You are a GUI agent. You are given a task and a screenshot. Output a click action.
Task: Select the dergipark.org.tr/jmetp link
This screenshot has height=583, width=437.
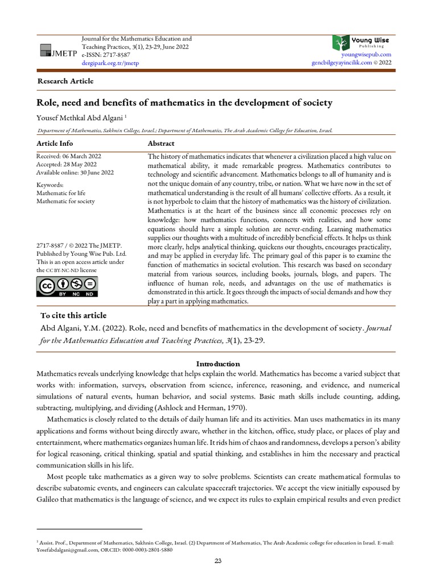point(110,63)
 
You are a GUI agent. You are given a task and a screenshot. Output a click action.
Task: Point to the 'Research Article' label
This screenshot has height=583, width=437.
point(65,81)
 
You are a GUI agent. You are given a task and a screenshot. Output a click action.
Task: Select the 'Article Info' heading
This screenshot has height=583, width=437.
point(55,143)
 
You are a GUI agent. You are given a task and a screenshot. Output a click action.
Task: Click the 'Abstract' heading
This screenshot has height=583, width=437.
point(161,143)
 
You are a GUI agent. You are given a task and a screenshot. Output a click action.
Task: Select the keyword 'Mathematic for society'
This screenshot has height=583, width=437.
point(65,201)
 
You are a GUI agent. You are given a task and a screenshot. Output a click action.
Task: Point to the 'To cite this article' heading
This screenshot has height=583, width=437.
point(73,315)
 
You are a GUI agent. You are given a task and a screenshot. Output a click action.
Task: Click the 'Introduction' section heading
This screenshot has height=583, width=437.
point(218,364)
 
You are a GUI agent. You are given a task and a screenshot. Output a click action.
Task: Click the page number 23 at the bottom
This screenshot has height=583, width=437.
point(218,561)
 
